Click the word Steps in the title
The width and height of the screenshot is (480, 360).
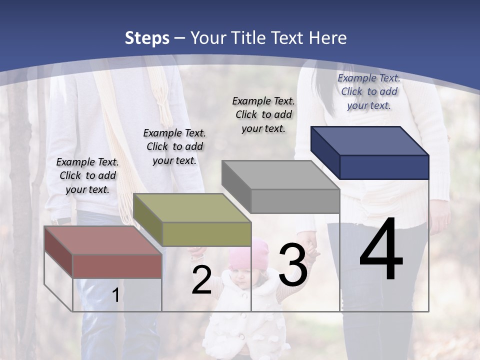pos(147,38)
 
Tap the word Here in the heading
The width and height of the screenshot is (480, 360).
pos(327,38)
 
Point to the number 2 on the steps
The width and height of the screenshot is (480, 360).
pos(201,280)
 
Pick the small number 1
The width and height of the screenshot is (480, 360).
pos(115,295)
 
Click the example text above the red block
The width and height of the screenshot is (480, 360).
pos(88,175)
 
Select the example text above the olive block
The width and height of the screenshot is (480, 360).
pos(174,146)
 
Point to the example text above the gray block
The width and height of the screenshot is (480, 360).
pos(264,114)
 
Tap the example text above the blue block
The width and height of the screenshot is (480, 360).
pos(369,91)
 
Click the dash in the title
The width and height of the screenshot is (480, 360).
pos(180,38)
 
